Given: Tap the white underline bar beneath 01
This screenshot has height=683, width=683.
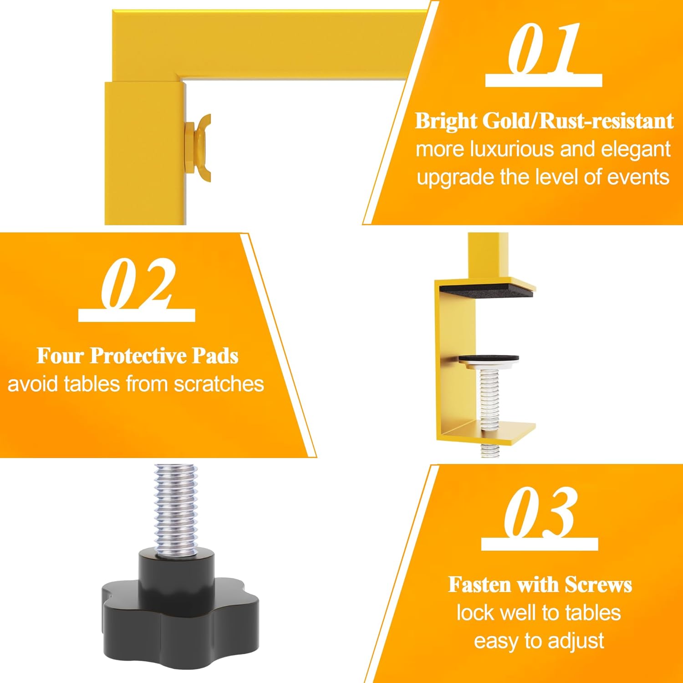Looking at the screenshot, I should pos(544,80).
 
